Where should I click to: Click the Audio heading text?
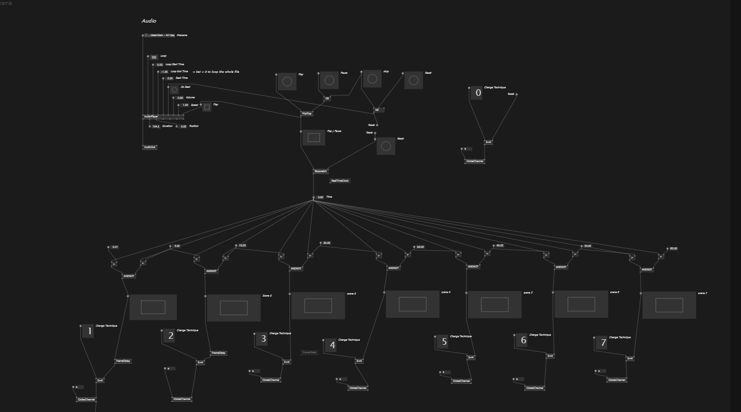pos(149,21)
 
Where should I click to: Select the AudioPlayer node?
pos(151,116)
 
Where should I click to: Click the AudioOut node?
pos(150,147)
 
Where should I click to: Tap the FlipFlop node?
pos(307,113)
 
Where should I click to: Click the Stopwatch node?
pos(320,171)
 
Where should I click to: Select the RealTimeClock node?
pos(340,181)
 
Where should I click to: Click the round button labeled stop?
pos(372,79)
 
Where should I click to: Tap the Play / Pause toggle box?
pos(314,138)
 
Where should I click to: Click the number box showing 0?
pos(477,93)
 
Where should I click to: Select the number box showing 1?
pos(88,331)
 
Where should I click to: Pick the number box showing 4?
pos(331,346)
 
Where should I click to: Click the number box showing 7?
pos(602,343)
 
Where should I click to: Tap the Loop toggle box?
pos(154,57)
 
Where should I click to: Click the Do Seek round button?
pos(174,90)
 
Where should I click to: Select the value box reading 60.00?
pos(673,248)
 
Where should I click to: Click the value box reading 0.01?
pos(115,247)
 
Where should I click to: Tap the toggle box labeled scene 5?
pos(494,305)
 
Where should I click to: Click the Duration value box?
pos(156,126)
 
